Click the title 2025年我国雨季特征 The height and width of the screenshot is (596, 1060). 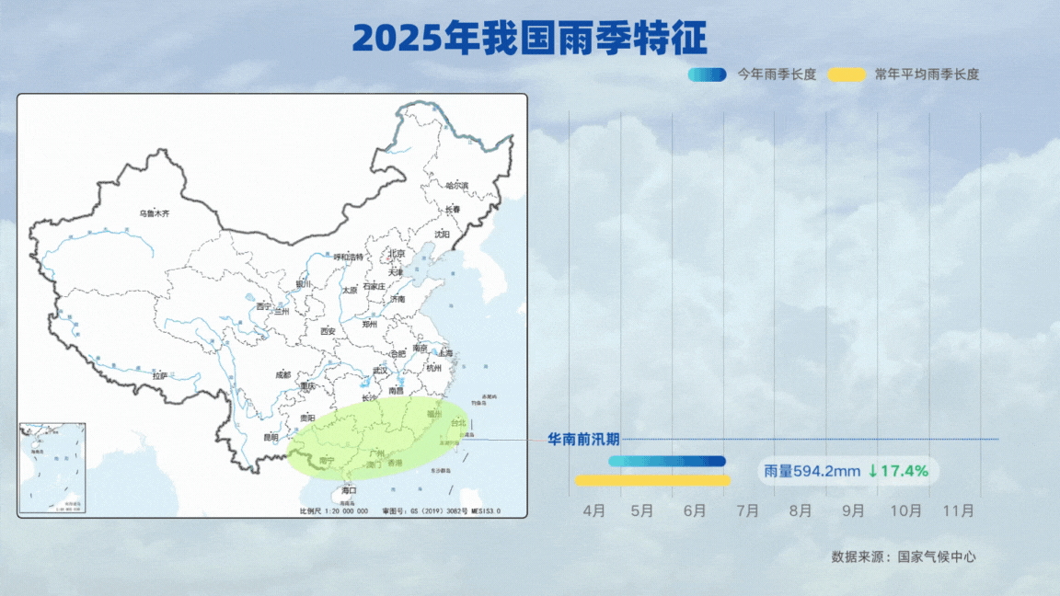tap(529, 39)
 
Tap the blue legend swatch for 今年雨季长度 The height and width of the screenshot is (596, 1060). tap(707, 74)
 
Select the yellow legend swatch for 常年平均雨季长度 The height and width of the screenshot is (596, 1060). tap(846, 74)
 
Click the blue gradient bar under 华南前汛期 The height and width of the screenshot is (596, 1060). tap(666, 461)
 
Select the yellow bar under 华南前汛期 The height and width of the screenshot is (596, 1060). tap(652, 480)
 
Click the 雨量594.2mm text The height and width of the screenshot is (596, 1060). tap(812, 472)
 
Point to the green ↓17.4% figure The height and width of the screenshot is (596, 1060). tap(897, 472)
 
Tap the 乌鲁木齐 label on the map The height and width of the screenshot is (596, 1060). tap(155, 213)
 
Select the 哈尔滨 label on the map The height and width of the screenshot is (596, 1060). tap(456, 186)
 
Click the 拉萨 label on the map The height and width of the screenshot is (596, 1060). tap(160, 375)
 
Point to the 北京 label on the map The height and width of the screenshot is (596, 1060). tap(396, 254)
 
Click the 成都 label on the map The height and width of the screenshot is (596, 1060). tap(282, 375)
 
